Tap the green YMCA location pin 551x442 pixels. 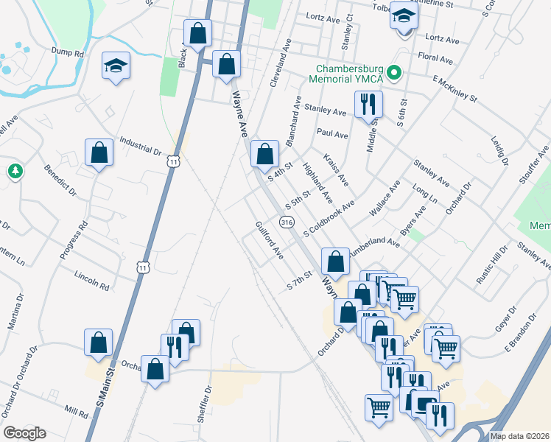(x=395, y=72)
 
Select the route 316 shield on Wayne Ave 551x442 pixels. (x=286, y=222)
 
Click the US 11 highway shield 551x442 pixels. (x=173, y=161)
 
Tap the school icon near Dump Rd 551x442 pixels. (x=116, y=66)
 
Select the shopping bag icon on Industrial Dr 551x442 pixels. (x=99, y=153)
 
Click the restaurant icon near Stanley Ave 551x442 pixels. (x=368, y=104)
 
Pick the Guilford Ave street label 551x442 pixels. (x=270, y=240)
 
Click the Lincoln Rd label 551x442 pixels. (x=91, y=281)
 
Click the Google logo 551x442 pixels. (x=24, y=433)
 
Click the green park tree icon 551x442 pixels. (x=15, y=172)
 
